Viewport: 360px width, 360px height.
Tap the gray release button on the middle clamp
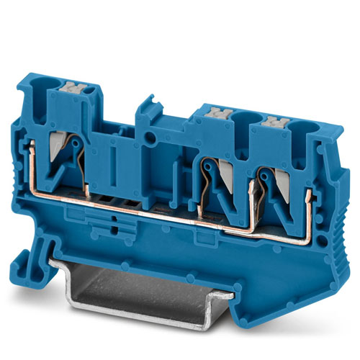218,112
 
